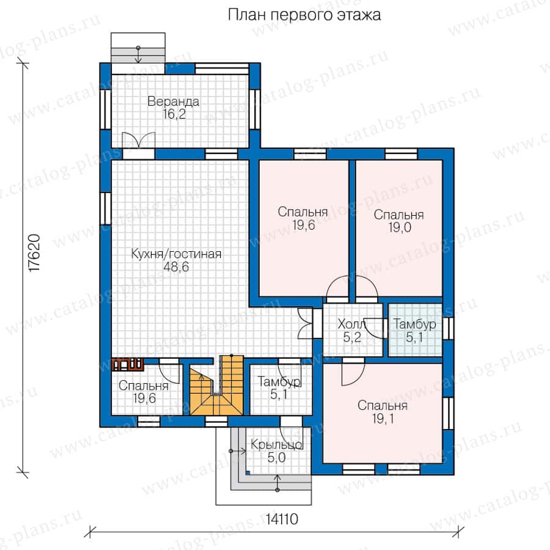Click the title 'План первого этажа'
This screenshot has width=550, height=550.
[x=304, y=15]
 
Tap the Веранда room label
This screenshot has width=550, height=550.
[x=174, y=101]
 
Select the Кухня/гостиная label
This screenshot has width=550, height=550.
[x=176, y=254]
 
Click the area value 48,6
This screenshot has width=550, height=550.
[x=176, y=267]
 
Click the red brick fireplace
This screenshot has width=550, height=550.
[x=127, y=364]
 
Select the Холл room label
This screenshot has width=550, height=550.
[x=351, y=324]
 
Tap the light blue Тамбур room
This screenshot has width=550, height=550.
[x=415, y=330]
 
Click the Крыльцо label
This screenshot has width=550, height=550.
[x=276, y=445]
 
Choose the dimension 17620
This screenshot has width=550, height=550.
[x=35, y=253]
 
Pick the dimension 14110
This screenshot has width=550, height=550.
[x=282, y=519]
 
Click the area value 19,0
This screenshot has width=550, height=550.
[x=400, y=228]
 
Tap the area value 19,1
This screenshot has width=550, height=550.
[x=383, y=419]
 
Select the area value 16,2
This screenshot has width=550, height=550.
[x=174, y=114]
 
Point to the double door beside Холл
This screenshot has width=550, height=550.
[x=304, y=324]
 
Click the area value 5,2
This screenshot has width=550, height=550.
[x=352, y=337]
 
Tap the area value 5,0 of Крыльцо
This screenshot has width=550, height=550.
[x=276, y=458]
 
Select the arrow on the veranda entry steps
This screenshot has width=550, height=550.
[x=138, y=55]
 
